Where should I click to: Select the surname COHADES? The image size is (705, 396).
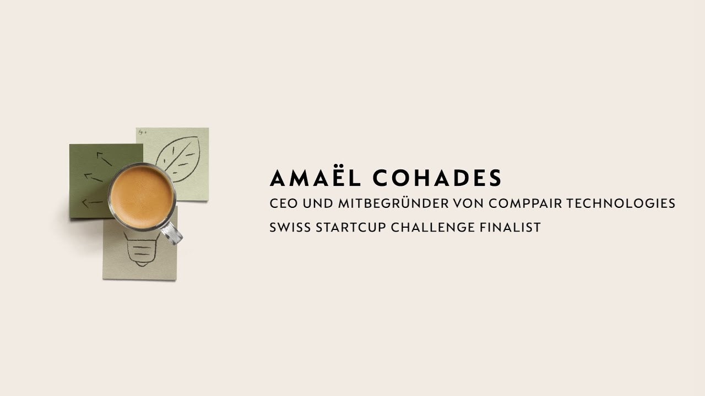click(437, 178)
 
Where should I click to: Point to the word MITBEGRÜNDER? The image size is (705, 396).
click(393, 203)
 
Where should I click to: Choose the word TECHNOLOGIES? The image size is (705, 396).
click(621, 204)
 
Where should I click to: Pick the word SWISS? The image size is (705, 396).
click(290, 227)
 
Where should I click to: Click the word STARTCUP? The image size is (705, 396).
click(351, 227)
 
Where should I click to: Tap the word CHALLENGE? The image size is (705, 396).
click(432, 227)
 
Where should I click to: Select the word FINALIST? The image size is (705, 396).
click(510, 227)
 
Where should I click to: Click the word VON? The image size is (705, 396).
click(469, 204)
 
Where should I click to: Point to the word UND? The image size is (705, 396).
click(318, 204)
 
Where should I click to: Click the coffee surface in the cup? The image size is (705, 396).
click(142, 197)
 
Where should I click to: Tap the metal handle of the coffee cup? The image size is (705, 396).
click(172, 233)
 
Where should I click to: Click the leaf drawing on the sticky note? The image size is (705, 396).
click(178, 159)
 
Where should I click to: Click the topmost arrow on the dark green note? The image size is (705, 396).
click(104, 159)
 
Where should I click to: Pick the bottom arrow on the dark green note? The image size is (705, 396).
click(93, 203)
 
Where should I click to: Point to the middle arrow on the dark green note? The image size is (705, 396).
click(94, 177)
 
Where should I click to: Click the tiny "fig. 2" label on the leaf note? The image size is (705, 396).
click(143, 133)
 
